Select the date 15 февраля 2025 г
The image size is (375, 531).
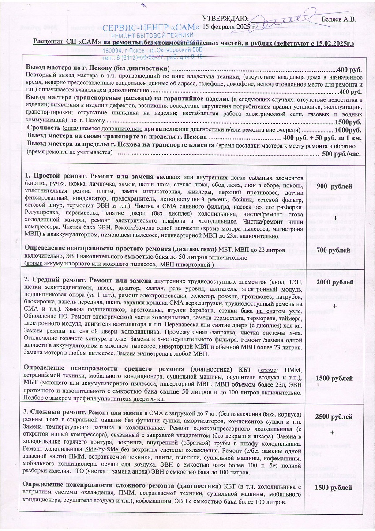(230, 26)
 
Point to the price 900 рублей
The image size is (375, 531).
(334, 186)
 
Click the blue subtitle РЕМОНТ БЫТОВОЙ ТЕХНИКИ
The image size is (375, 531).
(152, 35)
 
